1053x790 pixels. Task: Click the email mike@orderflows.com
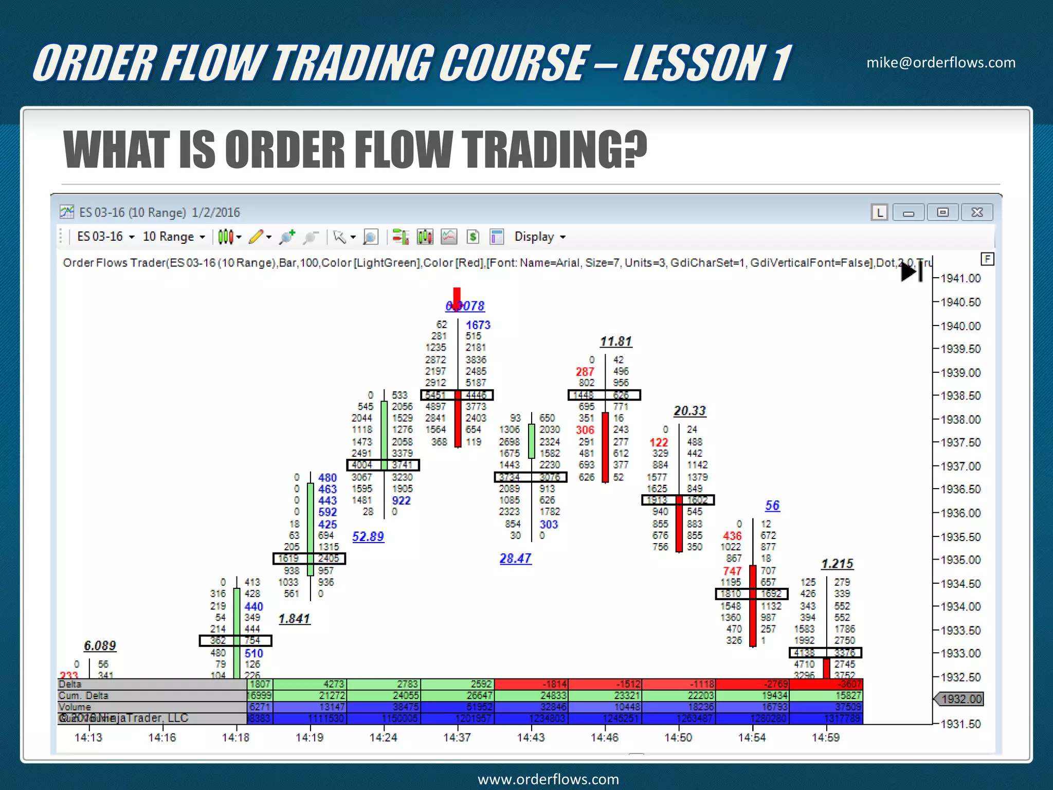pos(940,63)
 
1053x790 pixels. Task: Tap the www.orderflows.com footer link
pos(548,779)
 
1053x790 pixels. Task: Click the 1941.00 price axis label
pos(960,278)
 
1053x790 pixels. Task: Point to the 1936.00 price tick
pos(960,513)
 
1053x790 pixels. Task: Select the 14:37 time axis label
pos(457,738)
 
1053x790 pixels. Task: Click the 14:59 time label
pos(825,738)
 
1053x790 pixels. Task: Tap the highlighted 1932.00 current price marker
pos(960,699)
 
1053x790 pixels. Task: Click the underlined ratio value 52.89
pos(368,536)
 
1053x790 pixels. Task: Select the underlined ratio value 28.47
pos(515,559)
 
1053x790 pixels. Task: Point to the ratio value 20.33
pos(689,411)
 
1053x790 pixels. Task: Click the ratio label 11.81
pos(615,342)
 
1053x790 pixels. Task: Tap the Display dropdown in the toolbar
pos(539,237)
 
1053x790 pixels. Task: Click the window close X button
pos(977,212)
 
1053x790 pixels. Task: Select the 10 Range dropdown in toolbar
pos(173,237)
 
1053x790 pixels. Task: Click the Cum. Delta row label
pos(83,695)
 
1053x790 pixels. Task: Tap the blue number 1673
pos(478,325)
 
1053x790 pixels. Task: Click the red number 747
pos(732,571)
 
